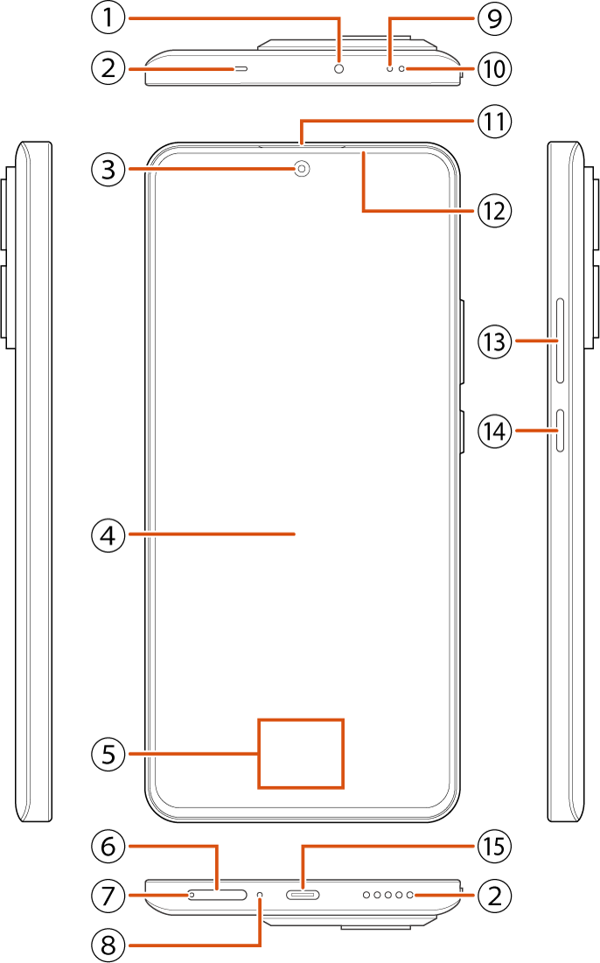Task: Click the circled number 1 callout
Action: click(108, 17)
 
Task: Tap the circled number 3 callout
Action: click(108, 169)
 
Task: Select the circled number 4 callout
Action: click(108, 535)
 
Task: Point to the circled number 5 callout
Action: click(108, 754)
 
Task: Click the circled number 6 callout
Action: click(108, 847)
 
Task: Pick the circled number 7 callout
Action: click(108, 896)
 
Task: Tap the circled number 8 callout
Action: click(108, 945)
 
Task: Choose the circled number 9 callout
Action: click(494, 17)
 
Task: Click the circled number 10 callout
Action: click(494, 68)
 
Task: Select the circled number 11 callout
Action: click(494, 121)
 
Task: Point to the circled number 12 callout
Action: click(494, 211)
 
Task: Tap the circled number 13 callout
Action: click(494, 341)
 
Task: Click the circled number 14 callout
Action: click(494, 430)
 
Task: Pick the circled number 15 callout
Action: click(494, 847)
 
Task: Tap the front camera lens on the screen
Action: click(302, 168)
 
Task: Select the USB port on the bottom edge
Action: click(303, 895)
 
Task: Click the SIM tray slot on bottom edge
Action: click(217, 895)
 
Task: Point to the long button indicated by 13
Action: click(560, 341)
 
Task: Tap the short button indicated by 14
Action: click(560, 430)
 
